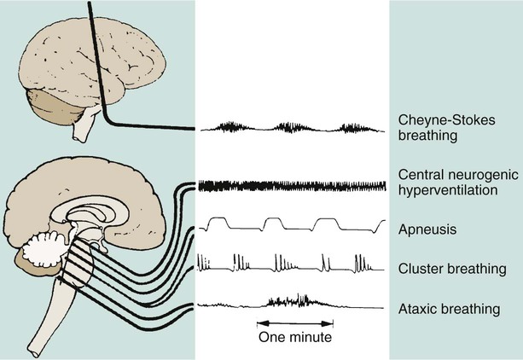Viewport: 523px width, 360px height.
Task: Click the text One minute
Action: point(294,337)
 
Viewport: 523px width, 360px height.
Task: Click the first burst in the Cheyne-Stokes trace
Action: point(228,128)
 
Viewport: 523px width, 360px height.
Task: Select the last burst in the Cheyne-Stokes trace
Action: point(352,128)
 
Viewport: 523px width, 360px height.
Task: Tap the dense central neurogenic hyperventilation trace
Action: point(290,185)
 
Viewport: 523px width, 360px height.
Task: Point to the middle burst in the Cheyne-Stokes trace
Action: point(290,128)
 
